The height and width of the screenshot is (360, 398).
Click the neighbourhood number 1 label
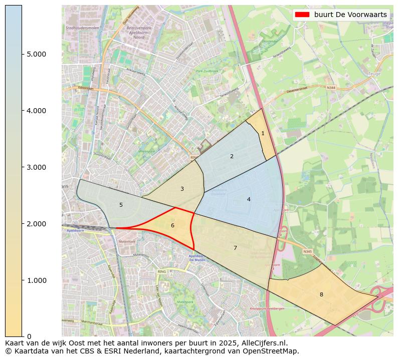coord(263,133)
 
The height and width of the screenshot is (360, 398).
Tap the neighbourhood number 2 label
coord(232,156)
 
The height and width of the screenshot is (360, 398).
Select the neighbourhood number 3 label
coord(182,189)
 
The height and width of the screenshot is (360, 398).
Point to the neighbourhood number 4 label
coord(249,199)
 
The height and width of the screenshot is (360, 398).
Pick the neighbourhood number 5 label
coord(121,205)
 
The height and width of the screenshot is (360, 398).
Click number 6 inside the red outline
coord(172,225)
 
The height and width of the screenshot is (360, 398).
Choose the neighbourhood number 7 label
coord(235,248)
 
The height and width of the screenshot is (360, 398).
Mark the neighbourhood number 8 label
coord(321,294)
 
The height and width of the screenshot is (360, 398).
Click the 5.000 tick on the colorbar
coord(36,54)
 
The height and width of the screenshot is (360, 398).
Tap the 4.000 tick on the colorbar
coord(36,111)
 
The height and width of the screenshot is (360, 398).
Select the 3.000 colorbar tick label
coord(36,167)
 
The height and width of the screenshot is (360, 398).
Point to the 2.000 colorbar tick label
coord(36,224)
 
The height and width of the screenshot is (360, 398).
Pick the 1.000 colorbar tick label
coord(36,280)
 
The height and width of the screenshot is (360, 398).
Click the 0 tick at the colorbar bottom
coord(29,336)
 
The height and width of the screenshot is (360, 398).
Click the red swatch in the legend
coord(303,15)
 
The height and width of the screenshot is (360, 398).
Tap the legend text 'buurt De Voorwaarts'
coord(350,15)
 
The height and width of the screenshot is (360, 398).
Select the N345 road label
coord(307,251)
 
